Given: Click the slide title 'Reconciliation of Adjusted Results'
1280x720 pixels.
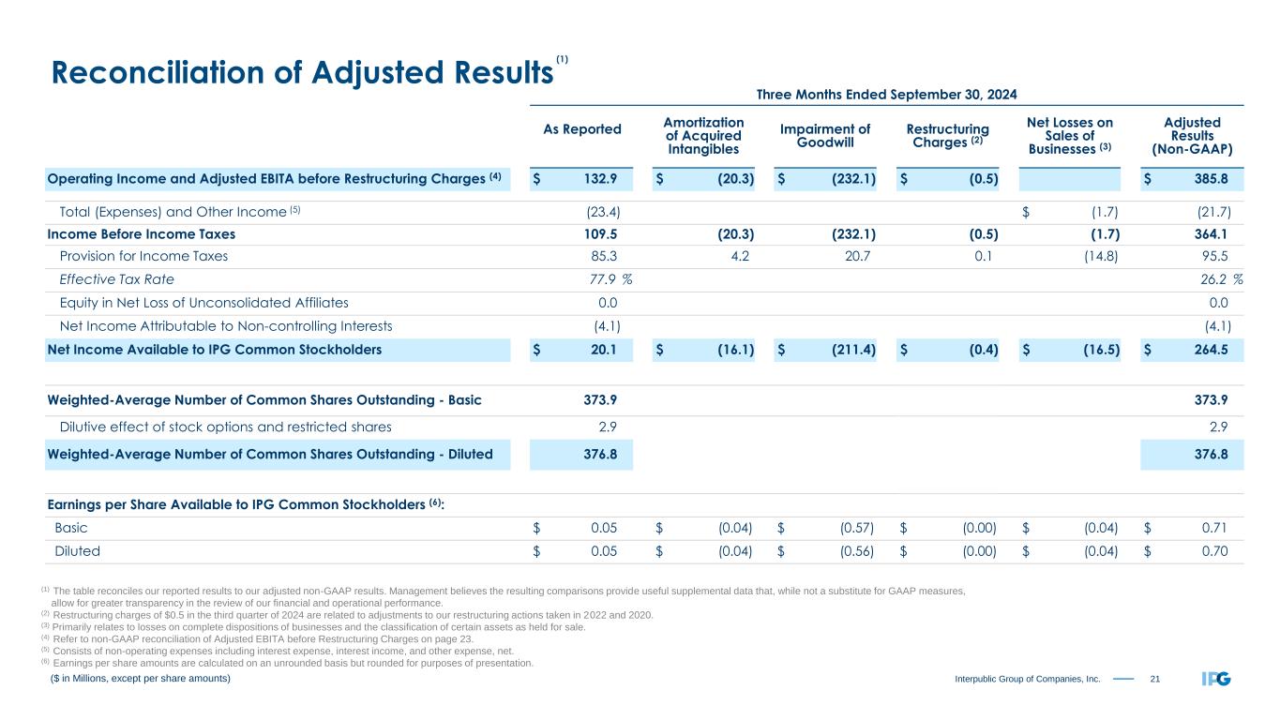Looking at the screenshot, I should [x=299, y=72].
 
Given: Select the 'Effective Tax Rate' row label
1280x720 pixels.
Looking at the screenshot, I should [x=116, y=278].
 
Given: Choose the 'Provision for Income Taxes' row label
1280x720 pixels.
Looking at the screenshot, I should [x=143, y=255].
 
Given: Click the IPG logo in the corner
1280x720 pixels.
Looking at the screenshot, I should [x=1216, y=678].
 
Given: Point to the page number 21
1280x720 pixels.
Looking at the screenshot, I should [x=1155, y=678].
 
